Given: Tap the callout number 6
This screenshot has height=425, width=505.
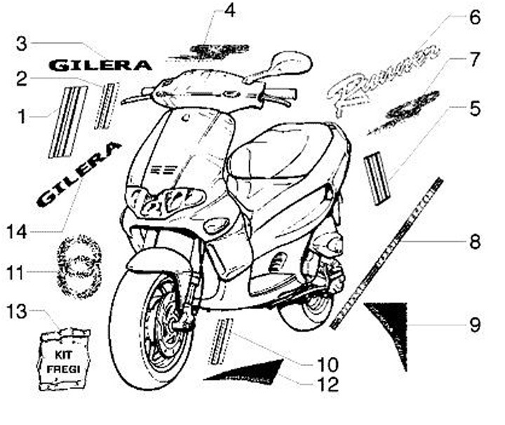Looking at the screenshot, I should tap(475, 18).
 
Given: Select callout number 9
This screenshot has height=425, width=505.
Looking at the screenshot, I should tap(475, 325).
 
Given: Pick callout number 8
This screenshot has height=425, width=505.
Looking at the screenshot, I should tap(475, 243).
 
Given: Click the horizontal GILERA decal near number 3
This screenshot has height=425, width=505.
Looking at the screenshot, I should tap(100, 65).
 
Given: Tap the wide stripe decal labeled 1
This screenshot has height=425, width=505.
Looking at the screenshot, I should tap(67, 121).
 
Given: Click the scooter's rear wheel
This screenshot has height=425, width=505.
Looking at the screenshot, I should tap(309, 309).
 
